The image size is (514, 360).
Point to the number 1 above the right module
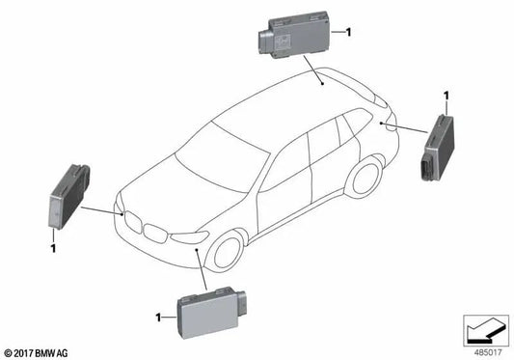coord(446,96)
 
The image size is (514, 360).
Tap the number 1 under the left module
coord(54,249)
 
